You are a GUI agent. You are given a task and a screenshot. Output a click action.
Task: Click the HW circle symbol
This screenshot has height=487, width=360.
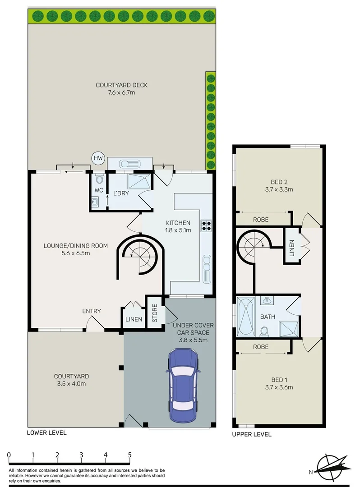(97, 158)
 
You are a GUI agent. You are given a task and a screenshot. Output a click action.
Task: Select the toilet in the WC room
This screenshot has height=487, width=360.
(99, 180)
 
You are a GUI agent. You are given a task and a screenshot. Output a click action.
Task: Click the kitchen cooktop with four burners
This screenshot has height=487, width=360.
(206, 225)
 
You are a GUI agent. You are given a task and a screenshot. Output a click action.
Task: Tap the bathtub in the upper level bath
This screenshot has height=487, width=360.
(246, 317)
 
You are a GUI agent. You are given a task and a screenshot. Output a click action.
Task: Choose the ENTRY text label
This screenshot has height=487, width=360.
(91, 311)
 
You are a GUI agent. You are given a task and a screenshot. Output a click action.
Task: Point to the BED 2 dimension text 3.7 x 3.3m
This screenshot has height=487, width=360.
(279, 189)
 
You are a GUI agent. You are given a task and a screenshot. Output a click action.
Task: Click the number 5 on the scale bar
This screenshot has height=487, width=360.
(129, 455)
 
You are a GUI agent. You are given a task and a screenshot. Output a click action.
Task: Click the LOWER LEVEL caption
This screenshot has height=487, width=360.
(46, 432)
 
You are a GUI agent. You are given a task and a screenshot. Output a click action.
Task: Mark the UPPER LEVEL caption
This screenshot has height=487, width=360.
(251, 434)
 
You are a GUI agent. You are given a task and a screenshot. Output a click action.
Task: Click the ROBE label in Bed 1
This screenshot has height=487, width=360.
(261, 347)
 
